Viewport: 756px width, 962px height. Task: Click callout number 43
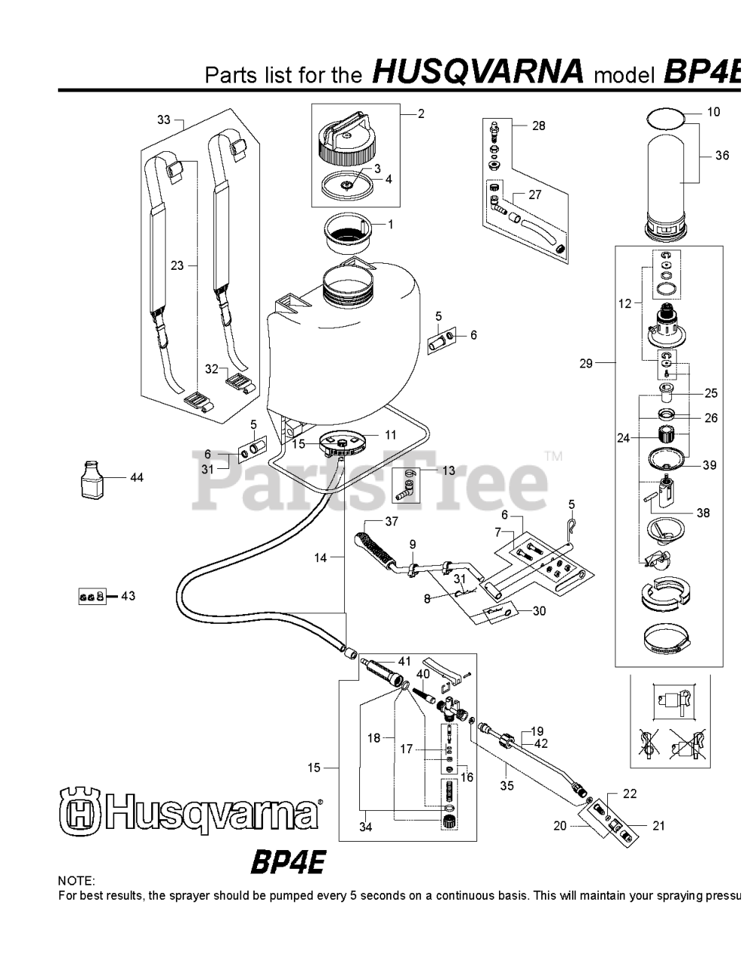click(x=128, y=596)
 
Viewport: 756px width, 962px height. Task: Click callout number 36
click(x=721, y=156)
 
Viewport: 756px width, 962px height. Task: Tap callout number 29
click(x=585, y=364)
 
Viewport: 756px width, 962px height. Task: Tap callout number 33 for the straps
click(x=164, y=119)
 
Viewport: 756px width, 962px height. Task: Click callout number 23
click(x=177, y=265)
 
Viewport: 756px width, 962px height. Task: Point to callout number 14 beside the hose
click(x=321, y=558)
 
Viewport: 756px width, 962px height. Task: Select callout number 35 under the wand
click(x=507, y=785)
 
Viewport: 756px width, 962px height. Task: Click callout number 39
click(x=709, y=465)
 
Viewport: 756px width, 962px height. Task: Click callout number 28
click(x=538, y=126)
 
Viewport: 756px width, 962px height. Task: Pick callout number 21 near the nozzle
click(x=658, y=826)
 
